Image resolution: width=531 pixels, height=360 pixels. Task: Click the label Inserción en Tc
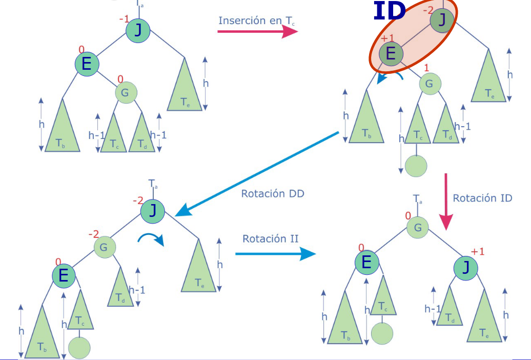pyautogui.click(x=256, y=21)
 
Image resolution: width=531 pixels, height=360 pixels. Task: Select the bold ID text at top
pyautogui.click(x=390, y=11)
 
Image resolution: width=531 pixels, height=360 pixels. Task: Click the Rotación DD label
pyautogui.click(x=272, y=194)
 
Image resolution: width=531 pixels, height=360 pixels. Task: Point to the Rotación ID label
pyautogui.click(x=482, y=198)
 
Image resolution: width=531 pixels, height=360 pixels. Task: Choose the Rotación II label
pyautogui.click(x=270, y=238)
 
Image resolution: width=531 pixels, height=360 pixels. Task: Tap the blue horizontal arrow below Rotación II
pyautogui.click(x=275, y=253)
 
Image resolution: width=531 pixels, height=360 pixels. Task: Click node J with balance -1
pyautogui.click(x=138, y=30)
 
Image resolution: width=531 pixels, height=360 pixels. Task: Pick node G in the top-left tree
pyautogui.click(x=126, y=93)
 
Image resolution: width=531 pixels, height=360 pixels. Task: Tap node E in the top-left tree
pyautogui.click(x=87, y=64)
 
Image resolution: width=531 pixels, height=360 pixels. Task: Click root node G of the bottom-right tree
pyautogui.click(x=418, y=227)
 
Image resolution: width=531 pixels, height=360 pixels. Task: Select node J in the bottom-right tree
pyautogui.click(x=466, y=268)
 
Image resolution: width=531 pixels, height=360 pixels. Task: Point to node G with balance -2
pyautogui.click(x=104, y=248)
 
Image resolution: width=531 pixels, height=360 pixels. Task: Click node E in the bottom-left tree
pyautogui.click(x=64, y=276)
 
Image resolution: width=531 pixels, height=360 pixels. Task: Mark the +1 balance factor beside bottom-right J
pyautogui.click(x=478, y=251)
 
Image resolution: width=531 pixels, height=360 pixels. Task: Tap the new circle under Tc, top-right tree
pyautogui.click(x=416, y=166)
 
